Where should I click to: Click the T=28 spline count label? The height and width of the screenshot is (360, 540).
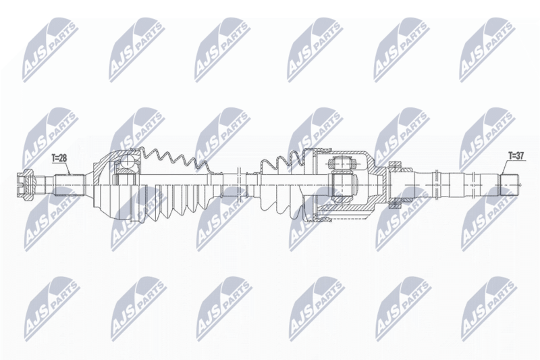pos(59,158)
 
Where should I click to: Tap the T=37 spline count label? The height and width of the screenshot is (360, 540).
pos(516,156)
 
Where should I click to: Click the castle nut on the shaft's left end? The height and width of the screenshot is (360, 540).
pos(26,184)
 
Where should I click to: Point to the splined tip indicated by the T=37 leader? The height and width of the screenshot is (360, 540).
pos(510,185)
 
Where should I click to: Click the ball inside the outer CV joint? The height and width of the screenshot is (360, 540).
pos(128,161)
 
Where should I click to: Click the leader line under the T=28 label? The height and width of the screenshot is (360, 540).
pos(68,168)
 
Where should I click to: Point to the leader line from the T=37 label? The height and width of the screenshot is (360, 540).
pos(505,167)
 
